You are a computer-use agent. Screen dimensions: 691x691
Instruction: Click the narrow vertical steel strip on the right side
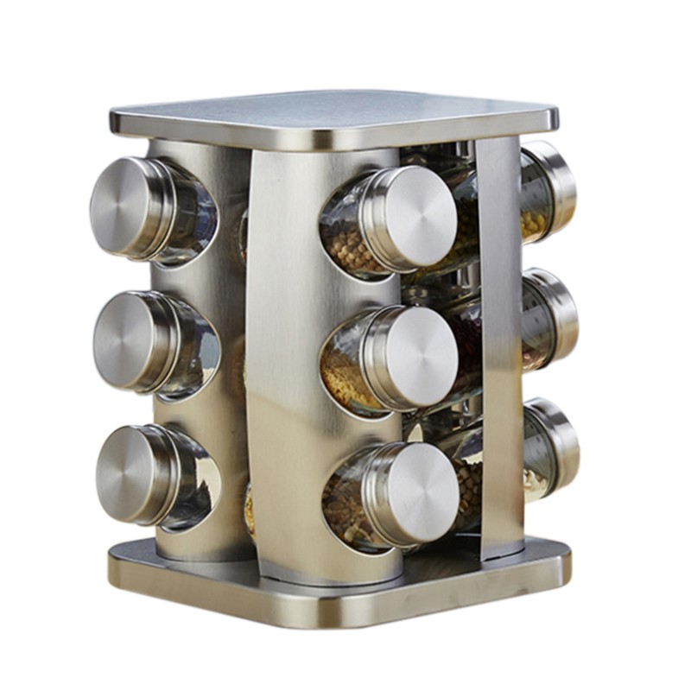tap(499, 345)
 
